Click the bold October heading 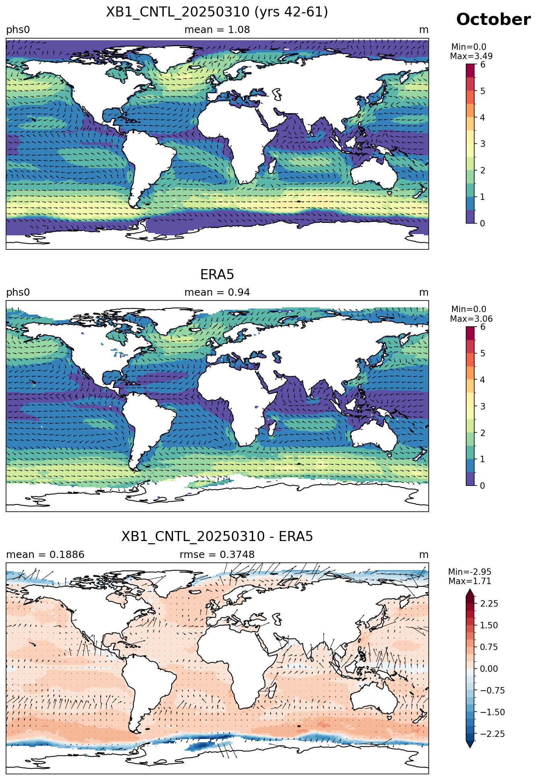coord(493,20)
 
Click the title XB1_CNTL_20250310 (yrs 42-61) coord(217,12)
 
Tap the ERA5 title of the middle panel coord(217,275)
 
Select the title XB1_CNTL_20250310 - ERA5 coord(217,537)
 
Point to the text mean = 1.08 coord(217,30)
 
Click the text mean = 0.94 coord(217,292)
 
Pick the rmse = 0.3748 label coord(217,555)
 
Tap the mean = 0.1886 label coord(45,555)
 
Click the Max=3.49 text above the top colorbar coord(471,56)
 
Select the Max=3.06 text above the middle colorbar coord(471,319)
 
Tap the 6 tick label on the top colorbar coord(483,65)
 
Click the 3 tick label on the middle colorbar coord(483,406)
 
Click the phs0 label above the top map coord(18,30)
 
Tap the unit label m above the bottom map coord(424,555)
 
